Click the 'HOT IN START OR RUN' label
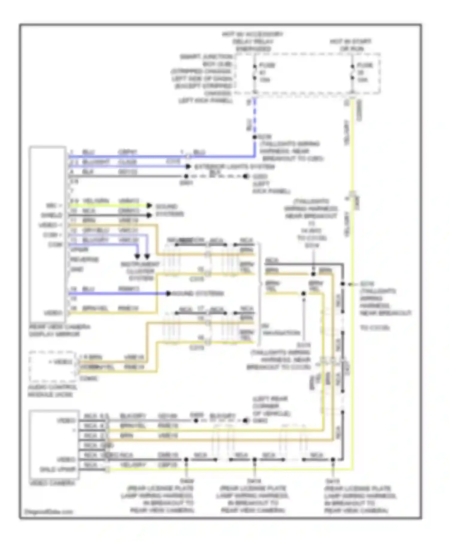pyautogui.click(x=351, y=45)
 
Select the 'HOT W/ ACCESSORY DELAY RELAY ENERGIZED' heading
pyautogui.click(x=253, y=42)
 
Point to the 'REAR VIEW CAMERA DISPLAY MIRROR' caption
pyautogui.click(x=59, y=330)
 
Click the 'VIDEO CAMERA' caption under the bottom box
pyautogui.click(x=52, y=483)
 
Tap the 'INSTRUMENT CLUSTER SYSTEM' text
pyautogui.click(x=140, y=271)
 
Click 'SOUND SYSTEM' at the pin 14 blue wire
pyautogui.click(x=198, y=293)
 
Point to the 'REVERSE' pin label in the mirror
pyautogui.click(x=84, y=259)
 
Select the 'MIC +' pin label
pyautogui.click(x=54, y=206)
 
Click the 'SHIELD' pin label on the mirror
pyautogui.click(x=51, y=215)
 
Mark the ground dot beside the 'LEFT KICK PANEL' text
pyautogui.click(x=246, y=176)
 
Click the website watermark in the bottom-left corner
pyautogui.click(x=48, y=512)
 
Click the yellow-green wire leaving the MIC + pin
pyautogui.click(x=108, y=206)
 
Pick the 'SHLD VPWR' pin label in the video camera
pyautogui.click(x=58, y=469)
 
